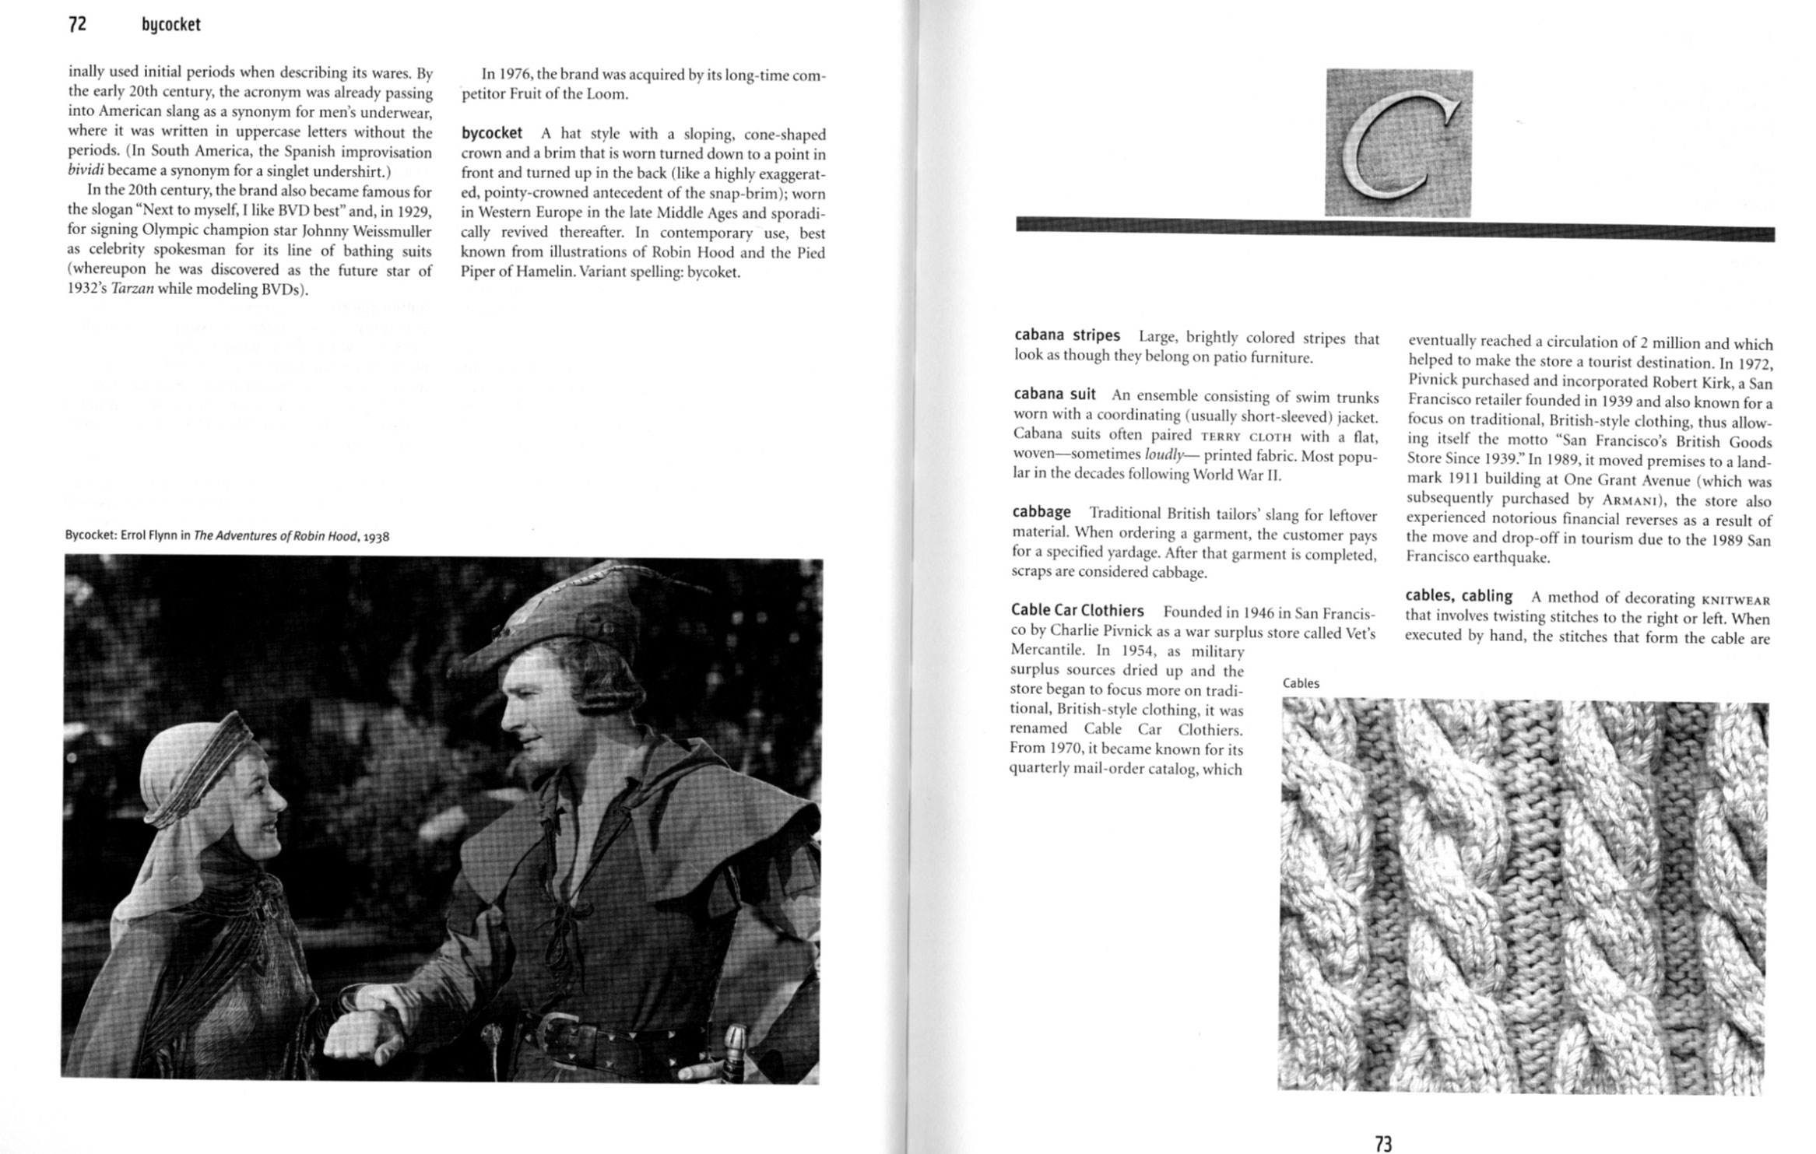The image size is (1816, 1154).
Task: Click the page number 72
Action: point(77,24)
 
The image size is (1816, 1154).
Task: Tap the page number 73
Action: point(1383,1142)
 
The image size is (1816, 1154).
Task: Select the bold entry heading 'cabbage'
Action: point(1041,512)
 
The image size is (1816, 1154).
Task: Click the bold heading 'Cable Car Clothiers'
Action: point(1077,610)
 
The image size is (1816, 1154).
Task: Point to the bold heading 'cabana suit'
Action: point(1055,394)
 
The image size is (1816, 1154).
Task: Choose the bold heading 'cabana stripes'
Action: point(1067,335)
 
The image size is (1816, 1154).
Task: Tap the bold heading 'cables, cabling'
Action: point(1458,596)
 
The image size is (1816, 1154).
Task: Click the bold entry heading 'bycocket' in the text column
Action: point(492,133)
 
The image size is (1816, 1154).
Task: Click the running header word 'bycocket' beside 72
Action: point(171,25)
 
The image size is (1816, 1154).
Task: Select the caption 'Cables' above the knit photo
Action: point(1301,683)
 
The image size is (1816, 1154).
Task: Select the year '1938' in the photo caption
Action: point(376,536)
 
